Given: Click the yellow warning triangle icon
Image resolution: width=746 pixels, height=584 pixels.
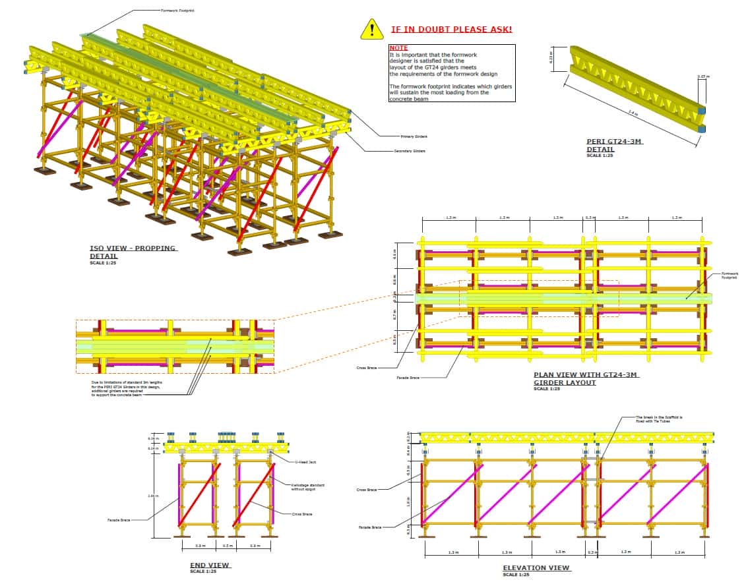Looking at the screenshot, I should point(372,29).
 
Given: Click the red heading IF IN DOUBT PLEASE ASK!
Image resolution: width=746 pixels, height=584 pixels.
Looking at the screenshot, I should point(451,30).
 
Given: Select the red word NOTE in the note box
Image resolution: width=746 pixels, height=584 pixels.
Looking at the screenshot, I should point(398,48).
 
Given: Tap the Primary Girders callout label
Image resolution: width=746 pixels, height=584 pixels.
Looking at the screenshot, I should point(414,136).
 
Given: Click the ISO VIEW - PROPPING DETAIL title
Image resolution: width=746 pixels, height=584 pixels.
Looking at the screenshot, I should point(133,252).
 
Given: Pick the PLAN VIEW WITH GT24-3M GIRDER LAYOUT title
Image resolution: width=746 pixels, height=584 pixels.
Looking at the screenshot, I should point(586,378).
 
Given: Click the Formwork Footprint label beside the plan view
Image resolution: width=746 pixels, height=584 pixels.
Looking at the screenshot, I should point(730,276).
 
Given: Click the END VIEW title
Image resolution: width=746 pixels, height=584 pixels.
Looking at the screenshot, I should point(209,565).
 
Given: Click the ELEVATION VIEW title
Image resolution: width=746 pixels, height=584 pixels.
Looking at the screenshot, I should point(536,568).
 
